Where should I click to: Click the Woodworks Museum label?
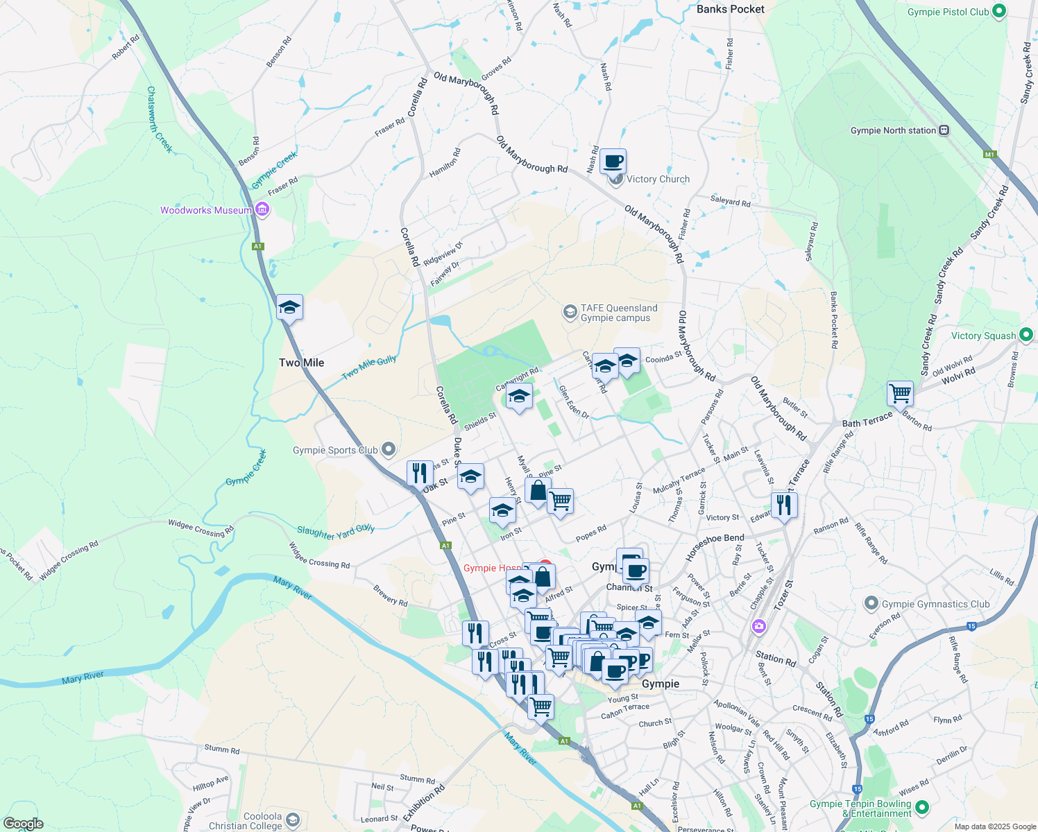206,210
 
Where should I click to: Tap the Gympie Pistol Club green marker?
998,11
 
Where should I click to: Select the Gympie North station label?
893,130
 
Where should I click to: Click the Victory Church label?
658,179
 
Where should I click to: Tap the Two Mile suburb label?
301,363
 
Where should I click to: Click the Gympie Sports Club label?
335,450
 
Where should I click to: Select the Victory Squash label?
983,336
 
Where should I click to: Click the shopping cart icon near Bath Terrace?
900,393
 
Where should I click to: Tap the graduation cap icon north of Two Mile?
289,307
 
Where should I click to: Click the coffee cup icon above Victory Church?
613,162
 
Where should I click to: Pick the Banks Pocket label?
730,9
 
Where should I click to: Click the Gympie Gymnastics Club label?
935,604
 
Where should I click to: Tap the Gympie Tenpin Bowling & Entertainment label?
861,808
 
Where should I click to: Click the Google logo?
24,824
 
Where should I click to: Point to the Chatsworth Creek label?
159,119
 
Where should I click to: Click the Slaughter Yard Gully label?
336,531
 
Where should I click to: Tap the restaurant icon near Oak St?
419,474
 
